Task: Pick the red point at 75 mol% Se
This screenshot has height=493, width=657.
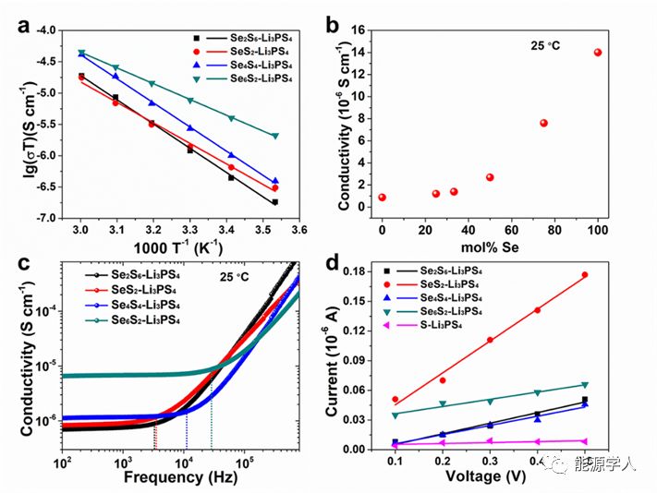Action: point(544,123)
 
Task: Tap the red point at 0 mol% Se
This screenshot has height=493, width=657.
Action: point(382,198)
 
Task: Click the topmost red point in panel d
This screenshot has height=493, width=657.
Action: point(585,275)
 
